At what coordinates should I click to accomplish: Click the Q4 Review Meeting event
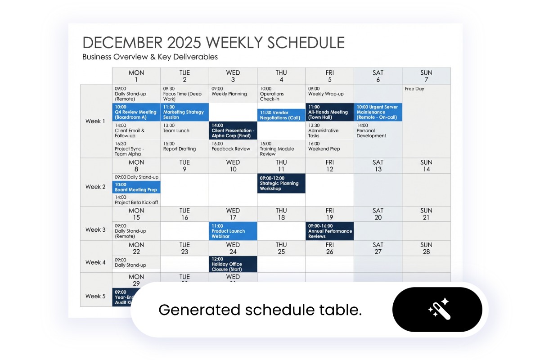(136, 112)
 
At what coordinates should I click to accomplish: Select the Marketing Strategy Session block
(184, 112)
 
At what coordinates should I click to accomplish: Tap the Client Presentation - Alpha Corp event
(233, 130)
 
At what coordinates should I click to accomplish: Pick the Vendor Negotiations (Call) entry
(281, 115)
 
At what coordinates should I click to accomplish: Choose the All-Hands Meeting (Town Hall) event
(329, 112)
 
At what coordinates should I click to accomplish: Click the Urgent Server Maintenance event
(378, 112)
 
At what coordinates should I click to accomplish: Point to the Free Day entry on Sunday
(414, 89)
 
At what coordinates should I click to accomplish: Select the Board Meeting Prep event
(136, 187)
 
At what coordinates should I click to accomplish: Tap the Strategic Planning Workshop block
(281, 184)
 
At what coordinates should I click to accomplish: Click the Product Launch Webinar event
(233, 231)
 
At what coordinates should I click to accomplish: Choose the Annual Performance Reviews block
(329, 231)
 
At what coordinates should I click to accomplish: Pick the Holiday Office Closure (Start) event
(233, 264)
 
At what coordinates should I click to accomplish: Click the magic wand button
(437, 310)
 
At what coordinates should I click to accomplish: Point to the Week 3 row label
(95, 230)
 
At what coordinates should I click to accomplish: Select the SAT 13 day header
(378, 166)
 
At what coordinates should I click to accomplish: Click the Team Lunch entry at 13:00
(176, 128)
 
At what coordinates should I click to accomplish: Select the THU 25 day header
(281, 248)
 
